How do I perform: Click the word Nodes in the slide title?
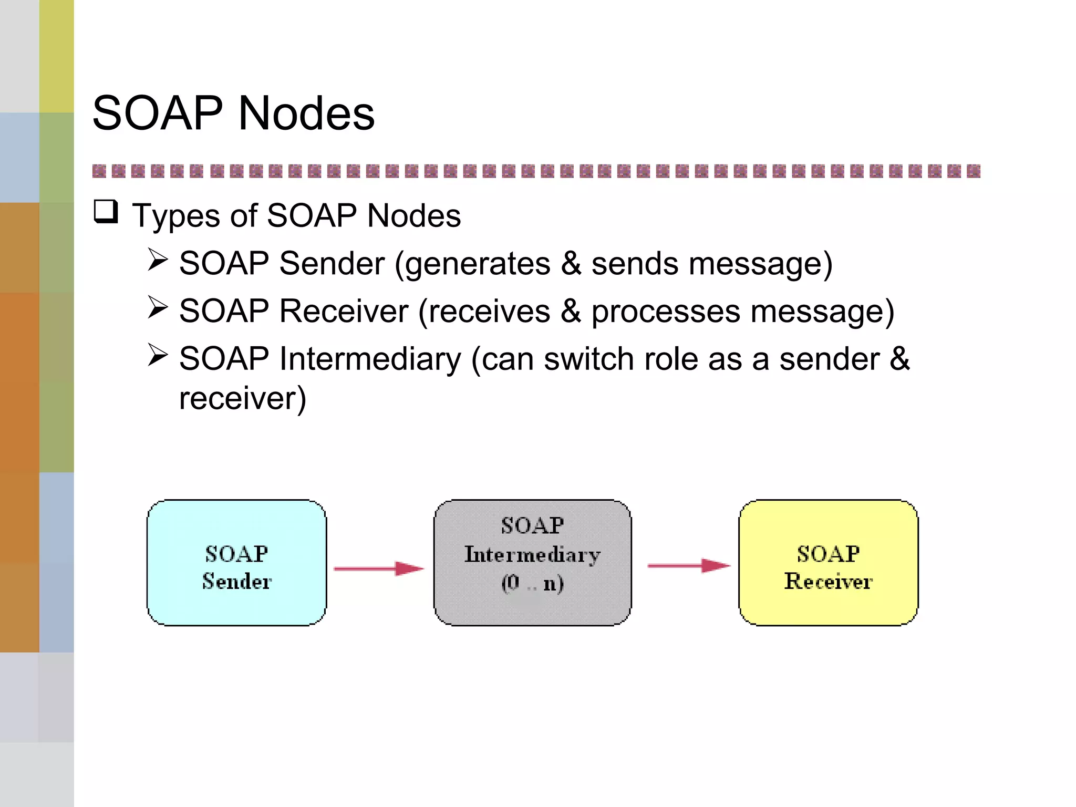pos(306,113)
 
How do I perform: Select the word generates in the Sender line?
pos(477,264)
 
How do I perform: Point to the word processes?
pos(666,312)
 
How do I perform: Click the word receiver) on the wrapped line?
pos(242,399)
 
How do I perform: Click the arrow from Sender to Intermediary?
pos(378,568)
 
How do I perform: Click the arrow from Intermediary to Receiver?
pos(688,566)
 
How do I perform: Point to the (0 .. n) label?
pos(532,583)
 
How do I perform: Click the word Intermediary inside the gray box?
pos(532,555)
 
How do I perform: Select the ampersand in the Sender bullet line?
pos(571,264)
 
